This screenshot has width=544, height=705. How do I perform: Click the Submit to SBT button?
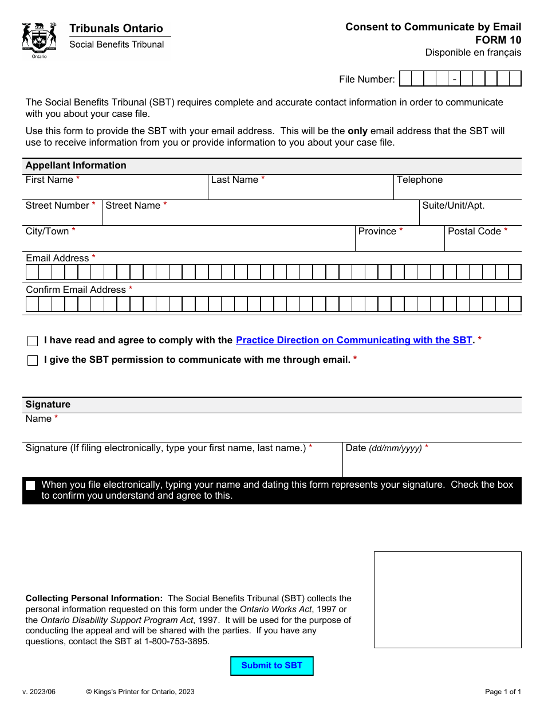271,665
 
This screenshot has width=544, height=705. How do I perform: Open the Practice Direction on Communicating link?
354,340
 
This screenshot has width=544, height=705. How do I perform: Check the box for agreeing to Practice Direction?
33,341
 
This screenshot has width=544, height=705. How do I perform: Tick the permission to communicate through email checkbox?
33,361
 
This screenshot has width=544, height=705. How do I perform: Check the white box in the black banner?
30,485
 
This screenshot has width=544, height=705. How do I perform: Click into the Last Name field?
300,191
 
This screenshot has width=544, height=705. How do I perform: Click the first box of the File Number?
405,79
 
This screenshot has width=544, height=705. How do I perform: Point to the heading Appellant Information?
76,166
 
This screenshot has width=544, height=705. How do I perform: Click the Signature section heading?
48,405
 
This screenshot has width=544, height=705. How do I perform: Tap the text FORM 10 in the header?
498,40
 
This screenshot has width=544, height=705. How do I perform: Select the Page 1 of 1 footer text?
503,692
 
